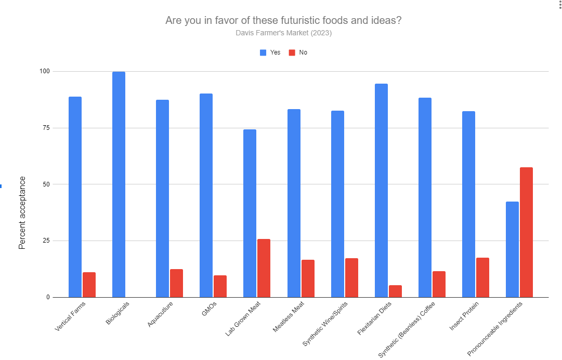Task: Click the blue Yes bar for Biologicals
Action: click(x=119, y=184)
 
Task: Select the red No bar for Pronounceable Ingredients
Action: click(x=526, y=232)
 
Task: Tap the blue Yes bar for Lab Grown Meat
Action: click(x=250, y=213)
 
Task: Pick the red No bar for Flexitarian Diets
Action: click(x=395, y=291)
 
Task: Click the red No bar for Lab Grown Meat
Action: click(x=264, y=268)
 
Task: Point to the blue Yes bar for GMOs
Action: click(x=206, y=195)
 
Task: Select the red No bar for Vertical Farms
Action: click(x=89, y=285)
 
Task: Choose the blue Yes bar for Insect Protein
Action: click(x=468, y=204)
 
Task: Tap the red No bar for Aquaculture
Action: click(x=176, y=283)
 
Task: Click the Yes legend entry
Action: click(x=270, y=52)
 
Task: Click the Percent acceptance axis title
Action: click(x=22, y=213)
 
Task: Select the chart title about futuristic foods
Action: click(x=283, y=21)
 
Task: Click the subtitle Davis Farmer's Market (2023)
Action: click(x=283, y=33)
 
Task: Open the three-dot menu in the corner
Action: click(x=557, y=5)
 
